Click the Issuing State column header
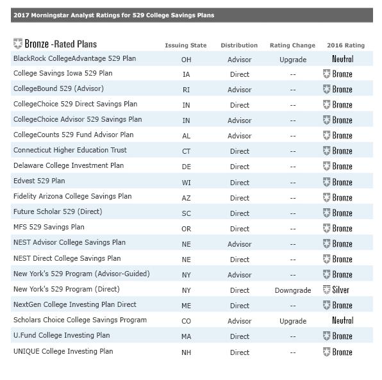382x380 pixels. pos(185,45)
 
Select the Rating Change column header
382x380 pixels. pos(292,45)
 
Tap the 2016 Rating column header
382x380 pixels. pos(345,45)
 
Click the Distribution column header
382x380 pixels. pos(239,45)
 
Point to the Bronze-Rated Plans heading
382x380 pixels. pos(55,44)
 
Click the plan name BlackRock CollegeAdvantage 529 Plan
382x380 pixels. pos(74,58)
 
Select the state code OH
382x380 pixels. pos(186,60)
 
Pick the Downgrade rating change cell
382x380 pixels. pos(292,290)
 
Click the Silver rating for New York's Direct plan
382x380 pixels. pos(337,290)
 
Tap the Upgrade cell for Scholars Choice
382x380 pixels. pos(293,321)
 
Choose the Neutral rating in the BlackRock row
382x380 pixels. pos(342,59)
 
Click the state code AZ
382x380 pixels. pos(186,198)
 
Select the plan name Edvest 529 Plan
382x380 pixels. pos(39,181)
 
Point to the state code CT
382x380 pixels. pos(186,152)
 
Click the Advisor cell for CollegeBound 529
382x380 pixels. pos(240,90)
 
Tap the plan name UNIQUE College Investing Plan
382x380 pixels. pos(63,351)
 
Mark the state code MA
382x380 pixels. pos(186,336)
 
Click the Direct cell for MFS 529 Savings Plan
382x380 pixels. pos(240,229)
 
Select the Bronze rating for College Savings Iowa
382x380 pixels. pos(338,74)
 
